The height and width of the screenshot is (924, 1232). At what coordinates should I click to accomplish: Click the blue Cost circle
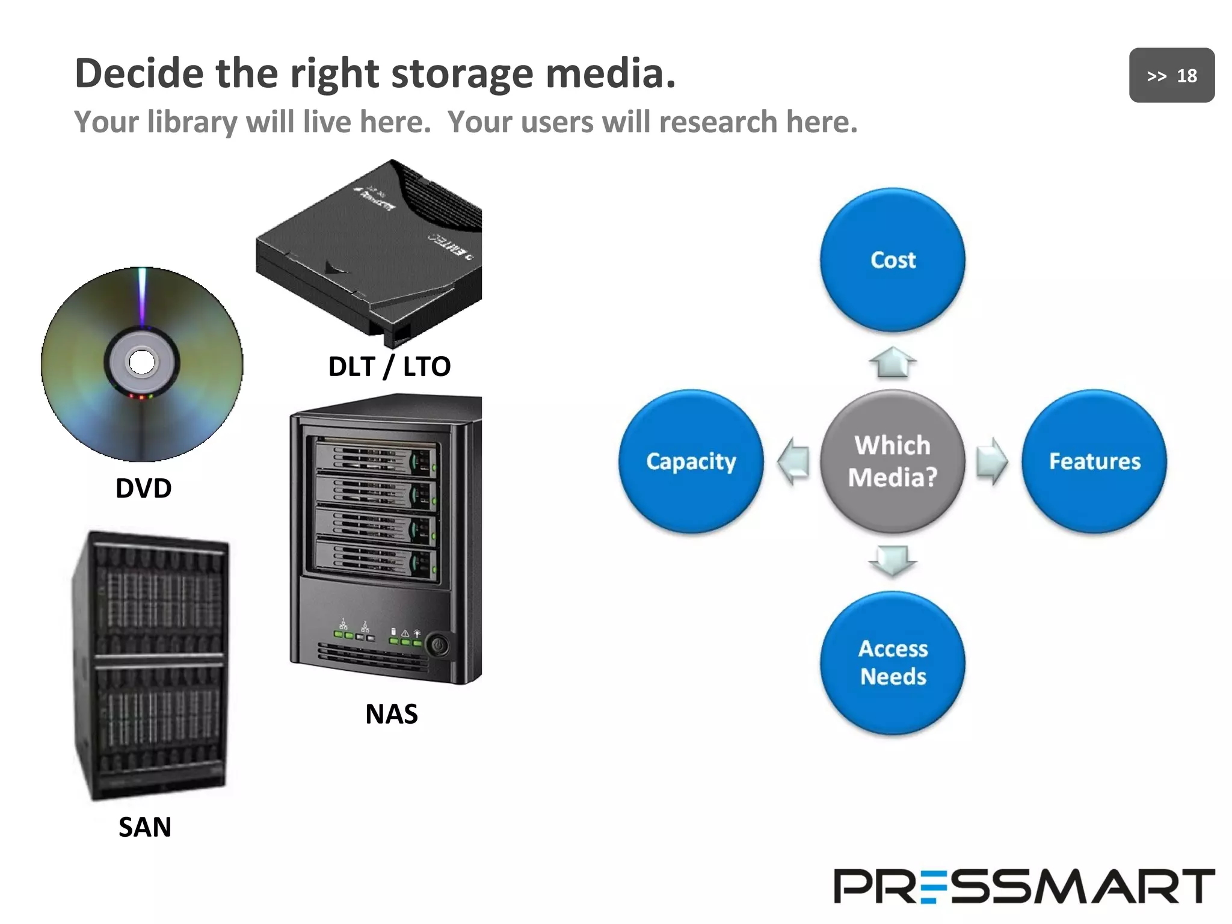click(x=893, y=260)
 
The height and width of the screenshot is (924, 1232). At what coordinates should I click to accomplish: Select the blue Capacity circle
click(x=691, y=461)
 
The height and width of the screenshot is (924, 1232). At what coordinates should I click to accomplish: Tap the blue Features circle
click(x=1094, y=461)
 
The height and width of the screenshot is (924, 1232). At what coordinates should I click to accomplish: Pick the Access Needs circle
click(x=893, y=663)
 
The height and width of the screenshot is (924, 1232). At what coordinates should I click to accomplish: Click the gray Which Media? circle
click(x=893, y=461)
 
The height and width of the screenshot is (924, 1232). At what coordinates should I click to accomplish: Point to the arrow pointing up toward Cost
click(x=893, y=363)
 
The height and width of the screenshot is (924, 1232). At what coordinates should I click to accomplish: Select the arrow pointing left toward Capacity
click(x=794, y=461)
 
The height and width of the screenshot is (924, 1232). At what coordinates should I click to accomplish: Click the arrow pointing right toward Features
click(x=991, y=461)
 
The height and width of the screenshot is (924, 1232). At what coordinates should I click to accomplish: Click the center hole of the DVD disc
click(x=142, y=362)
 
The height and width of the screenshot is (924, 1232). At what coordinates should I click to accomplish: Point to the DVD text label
click(x=143, y=488)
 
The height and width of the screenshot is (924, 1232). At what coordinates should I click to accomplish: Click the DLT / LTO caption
click(x=389, y=366)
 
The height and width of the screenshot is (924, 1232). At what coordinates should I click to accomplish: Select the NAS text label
click(x=392, y=714)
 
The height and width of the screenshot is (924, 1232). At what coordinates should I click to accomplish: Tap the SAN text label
click(x=145, y=827)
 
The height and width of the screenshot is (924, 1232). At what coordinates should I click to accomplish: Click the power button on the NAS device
click(x=438, y=646)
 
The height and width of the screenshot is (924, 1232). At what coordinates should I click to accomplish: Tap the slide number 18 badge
click(x=1171, y=76)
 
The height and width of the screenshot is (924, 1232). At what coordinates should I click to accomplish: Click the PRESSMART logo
click(x=1024, y=886)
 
